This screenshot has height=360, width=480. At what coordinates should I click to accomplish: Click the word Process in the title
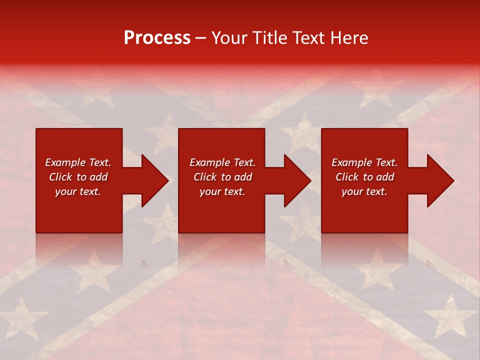coord(157,38)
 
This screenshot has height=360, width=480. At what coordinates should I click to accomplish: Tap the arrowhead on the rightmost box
coord(439,180)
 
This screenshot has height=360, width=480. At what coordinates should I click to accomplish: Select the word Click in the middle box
coord(205,177)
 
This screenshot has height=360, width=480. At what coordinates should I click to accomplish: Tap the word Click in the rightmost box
coord(347,177)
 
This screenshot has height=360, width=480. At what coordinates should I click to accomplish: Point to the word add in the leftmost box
coord(98,177)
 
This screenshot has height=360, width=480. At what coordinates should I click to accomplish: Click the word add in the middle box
coord(243,177)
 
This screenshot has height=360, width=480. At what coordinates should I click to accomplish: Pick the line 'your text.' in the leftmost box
coord(78,191)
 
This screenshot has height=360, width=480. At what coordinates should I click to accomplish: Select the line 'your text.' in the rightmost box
coord(364,191)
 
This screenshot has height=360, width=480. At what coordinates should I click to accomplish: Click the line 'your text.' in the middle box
coord(222,191)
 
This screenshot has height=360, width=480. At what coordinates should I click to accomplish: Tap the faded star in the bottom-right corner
coord(450,315)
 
